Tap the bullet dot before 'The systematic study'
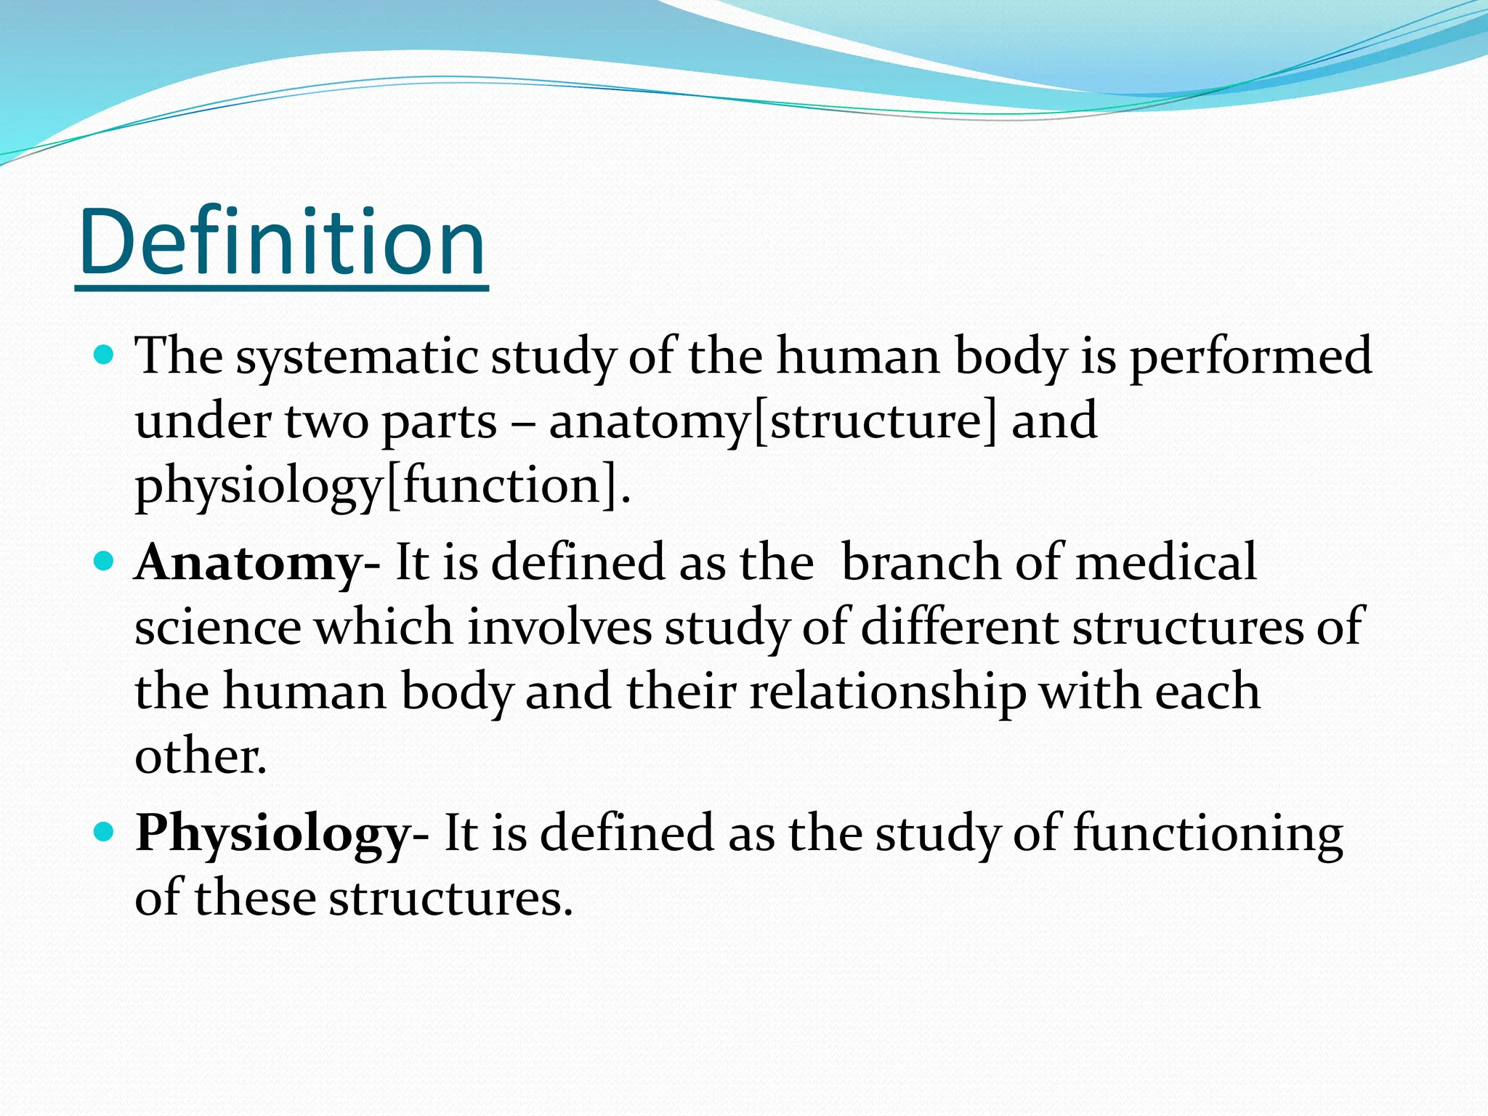pyautogui.click(x=105, y=355)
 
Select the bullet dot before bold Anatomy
pyautogui.click(x=105, y=562)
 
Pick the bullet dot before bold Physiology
pyautogui.click(x=105, y=832)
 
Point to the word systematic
pyautogui.click(x=357, y=358)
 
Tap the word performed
pyautogui.click(x=1250, y=358)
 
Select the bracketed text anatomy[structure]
pyautogui.click(x=773, y=422)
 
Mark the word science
pyautogui.click(x=218, y=628)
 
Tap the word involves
pyautogui.click(x=559, y=628)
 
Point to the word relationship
pyautogui.click(x=888, y=692)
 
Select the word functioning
pyautogui.click(x=1208, y=834)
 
